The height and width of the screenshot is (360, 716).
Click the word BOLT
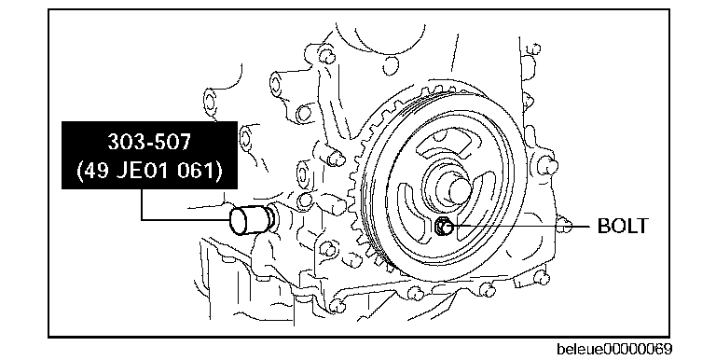pos(623,226)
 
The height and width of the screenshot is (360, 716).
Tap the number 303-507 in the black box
pos(149,142)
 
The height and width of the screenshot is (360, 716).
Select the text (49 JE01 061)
pos(149,171)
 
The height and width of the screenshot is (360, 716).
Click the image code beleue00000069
pos(614,349)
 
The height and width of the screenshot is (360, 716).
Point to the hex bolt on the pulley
pos(443,226)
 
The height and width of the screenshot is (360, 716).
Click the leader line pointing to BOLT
pos(519,226)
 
